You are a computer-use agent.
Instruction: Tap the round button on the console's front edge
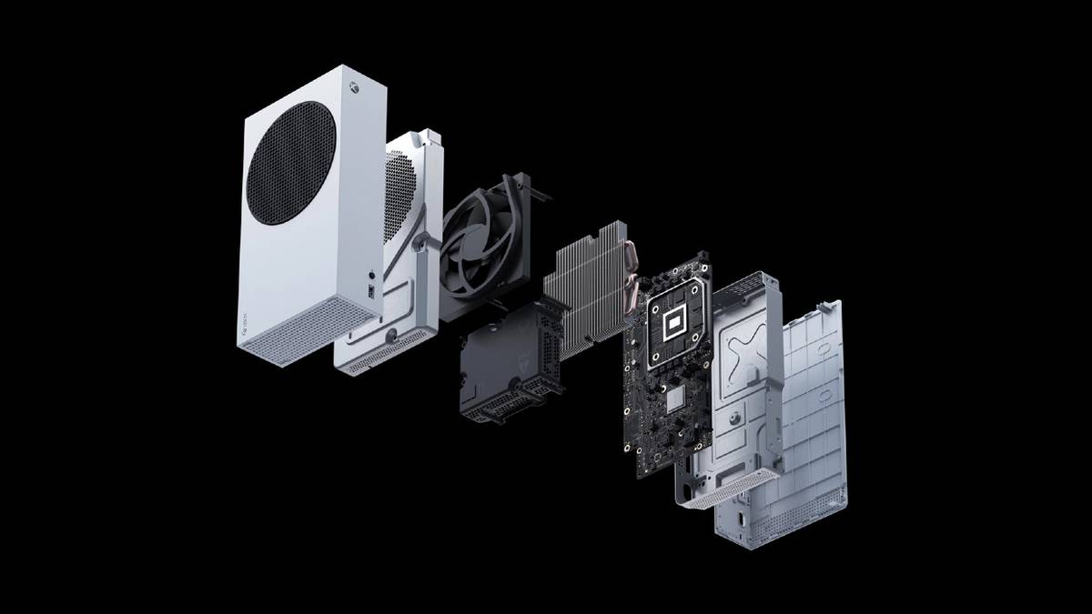[x=371, y=273]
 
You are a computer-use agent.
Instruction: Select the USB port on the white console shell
[x=371, y=291]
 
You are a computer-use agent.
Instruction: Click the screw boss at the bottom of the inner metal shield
[x=391, y=334]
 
